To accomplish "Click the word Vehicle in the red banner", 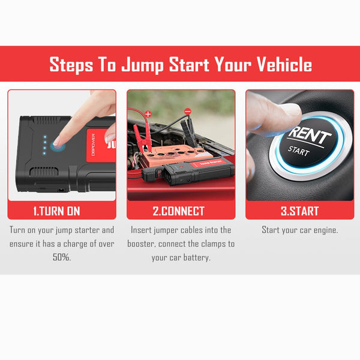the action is tap(284, 64).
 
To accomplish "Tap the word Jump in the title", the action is tap(142, 65).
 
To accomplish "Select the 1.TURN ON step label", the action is tap(56, 211).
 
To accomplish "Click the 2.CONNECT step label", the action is tap(179, 211).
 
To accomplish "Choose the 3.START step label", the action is tap(299, 211).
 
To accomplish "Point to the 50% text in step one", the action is tap(62, 257).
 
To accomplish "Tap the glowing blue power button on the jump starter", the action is tap(58, 146).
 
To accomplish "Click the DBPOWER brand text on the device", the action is tap(93, 145).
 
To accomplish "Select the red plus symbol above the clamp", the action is tap(148, 113).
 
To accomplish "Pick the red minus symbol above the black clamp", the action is tap(188, 112).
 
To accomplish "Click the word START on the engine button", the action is tap(298, 151).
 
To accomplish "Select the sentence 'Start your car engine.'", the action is tap(299, 230).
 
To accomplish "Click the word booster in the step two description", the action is tap(141, 244).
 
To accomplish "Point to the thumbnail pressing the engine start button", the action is tap(291, 109).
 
